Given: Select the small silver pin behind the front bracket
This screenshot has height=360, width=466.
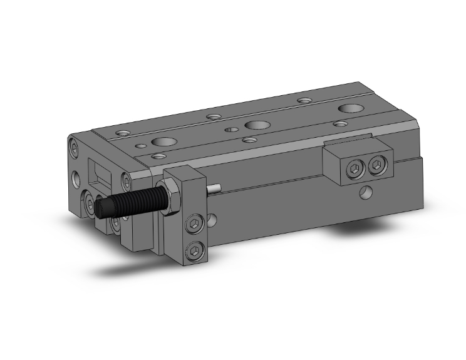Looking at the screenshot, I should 214,188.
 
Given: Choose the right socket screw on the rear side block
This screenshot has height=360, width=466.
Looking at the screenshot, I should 376,166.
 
